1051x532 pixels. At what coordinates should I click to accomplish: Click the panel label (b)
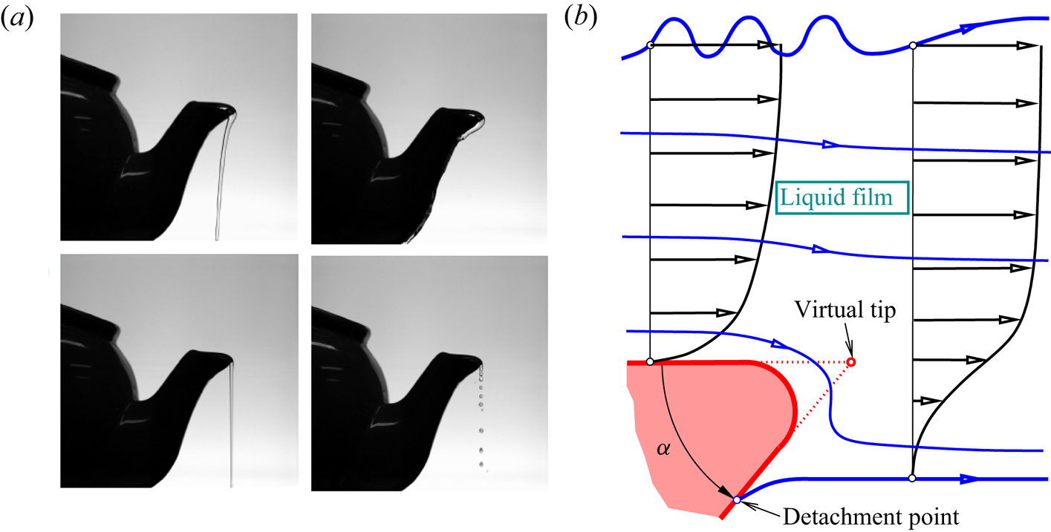point(581,18)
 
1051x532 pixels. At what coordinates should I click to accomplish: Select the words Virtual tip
point(845,310)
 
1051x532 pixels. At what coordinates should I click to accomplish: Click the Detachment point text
point(871,517)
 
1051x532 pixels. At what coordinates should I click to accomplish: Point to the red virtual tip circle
point(850,362)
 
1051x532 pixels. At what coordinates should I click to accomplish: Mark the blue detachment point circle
point(737,500)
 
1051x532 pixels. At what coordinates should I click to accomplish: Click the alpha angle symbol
point(663,449)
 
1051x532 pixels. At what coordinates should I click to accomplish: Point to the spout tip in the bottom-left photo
point(230,360)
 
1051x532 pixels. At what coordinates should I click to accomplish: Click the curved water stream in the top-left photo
point(221,178)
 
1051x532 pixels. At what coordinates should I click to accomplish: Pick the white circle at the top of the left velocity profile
point(650,45)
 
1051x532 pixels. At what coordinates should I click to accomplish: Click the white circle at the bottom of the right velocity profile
point(912,478)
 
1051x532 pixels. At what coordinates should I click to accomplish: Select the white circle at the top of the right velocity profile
point(913,45)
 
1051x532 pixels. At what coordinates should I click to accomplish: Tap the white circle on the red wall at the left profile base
point(650,362)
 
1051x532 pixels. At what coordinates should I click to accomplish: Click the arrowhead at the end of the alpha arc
point(726,492)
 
